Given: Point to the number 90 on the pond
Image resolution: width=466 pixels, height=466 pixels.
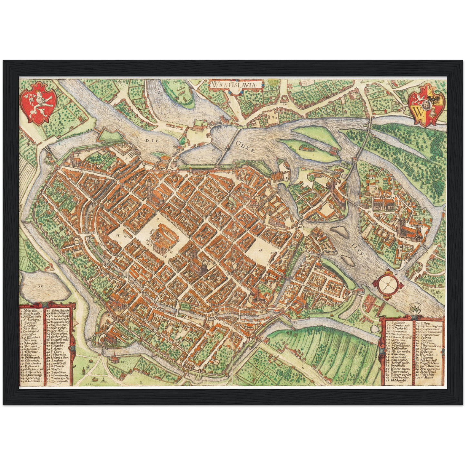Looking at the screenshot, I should coord(40,286).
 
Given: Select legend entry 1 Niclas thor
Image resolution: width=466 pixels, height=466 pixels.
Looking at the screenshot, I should coord(31,311).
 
